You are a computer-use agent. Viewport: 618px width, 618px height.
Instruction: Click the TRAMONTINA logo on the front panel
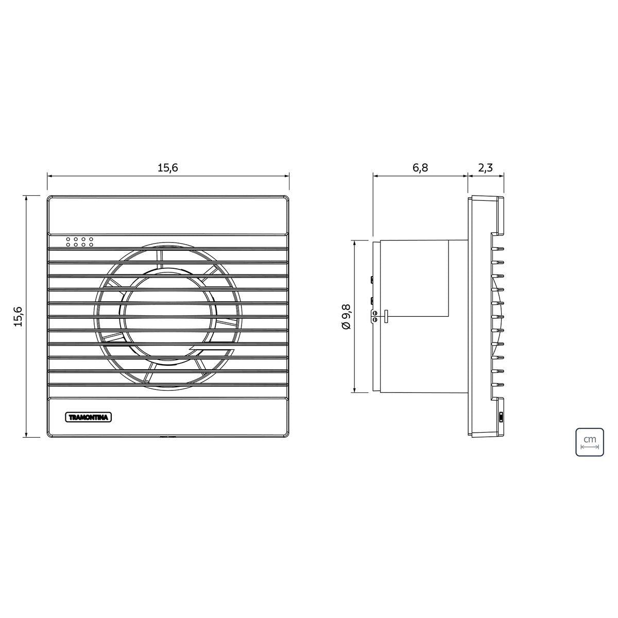pyautogui.click(x=89, y=418)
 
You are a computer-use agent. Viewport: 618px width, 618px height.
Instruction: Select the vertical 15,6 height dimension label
pyautogui.click(x=18, y=316)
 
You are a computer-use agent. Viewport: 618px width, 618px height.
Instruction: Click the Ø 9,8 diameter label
pyautogui.click(x=347, y=317)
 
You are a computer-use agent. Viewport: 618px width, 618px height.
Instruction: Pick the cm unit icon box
pyautogui.click(x=590, y=441)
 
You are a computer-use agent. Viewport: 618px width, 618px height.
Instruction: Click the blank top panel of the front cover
pyautogui.click(x=168, y=215)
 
